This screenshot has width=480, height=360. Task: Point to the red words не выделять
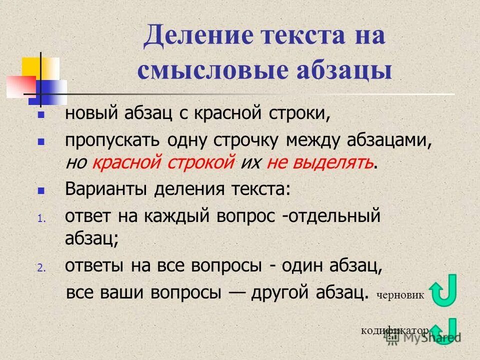click(319, 162)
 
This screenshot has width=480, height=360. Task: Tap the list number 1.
click(41, 218)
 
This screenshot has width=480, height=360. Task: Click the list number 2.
click(41, 268)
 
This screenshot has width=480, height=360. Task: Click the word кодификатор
click(395, 331)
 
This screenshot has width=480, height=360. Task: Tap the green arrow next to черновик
click(443, 290)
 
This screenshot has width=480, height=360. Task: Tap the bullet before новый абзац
click(41, 114)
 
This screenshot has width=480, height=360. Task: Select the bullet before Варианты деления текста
click(41, 190)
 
